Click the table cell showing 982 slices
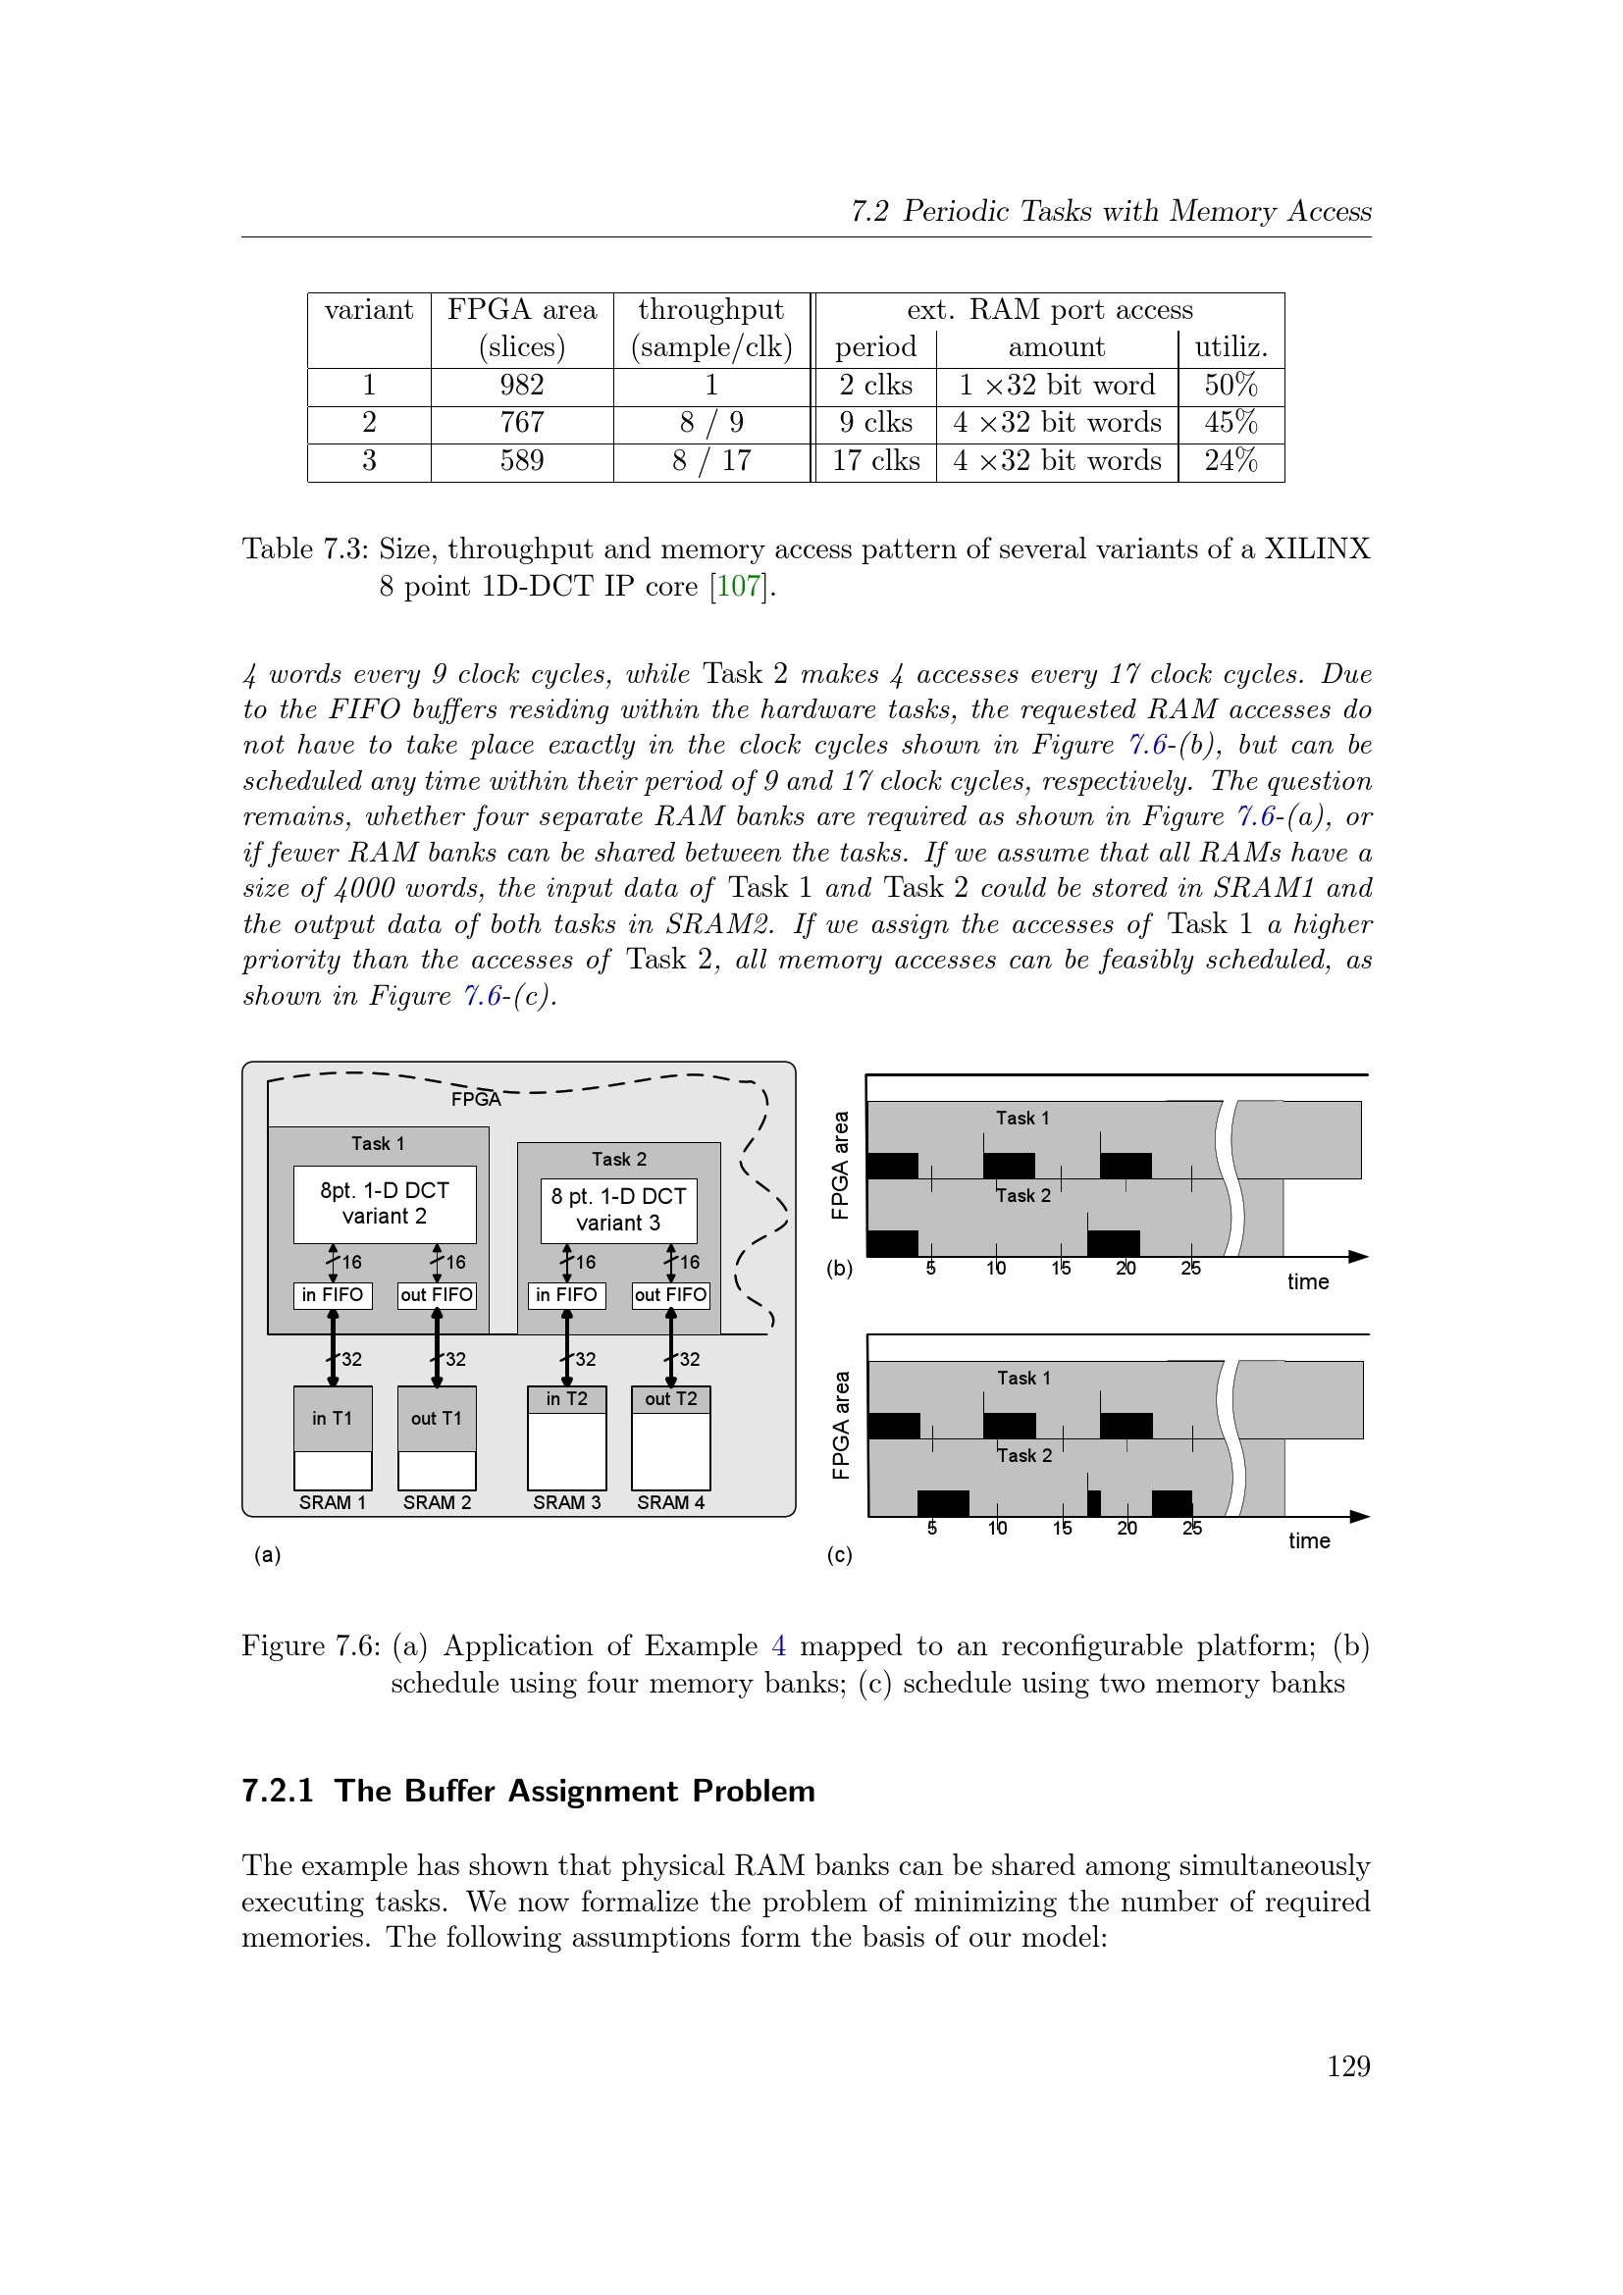pyautogui.click(x=522, y=385)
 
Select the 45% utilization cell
pyautogui.click(x=1230, y=423)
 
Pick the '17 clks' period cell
pyautogui.click(x=875, y=461)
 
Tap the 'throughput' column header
pyautogui.click(x=710, y=310)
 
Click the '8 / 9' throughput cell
pyautogui.click(x=710, y=423)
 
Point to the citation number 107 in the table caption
pyautogui.click(x=740, y=586)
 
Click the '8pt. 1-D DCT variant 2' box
pyautogui.click(x=384, y=1204)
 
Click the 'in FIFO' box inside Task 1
pyautogui.click(x=332, y=1294)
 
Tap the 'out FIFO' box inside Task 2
pyautogui.click(x=670, y=1294)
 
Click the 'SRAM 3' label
pyautogui.click(x=566, y=1502)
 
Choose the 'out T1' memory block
pyautogui.click(x=437, y=1419)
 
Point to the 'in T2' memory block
pyautogui.click(x=566, y=1398)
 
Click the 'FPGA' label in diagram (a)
pyautogui.click(x=476, y=1100)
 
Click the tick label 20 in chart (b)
pyautogui.click(x=1126, y=1269)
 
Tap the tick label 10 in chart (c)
pyautogui.click(x=997, y=1529)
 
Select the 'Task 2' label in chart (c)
pyautogui.click(x=1024, y=1455)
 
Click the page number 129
pyautogui.click(x=1348, y=2066)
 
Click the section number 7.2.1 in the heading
pyautogui.click(x=278, y=1791)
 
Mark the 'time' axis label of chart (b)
pyautogui.click(x=1307, y=1281)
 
